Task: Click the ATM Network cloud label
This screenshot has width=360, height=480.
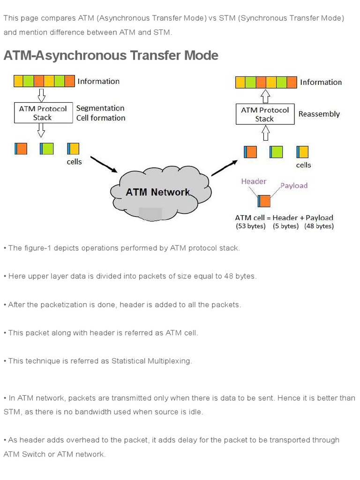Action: pyautogui.click(x=158, y=192)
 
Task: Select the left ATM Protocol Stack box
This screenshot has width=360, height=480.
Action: pyautogui.click(x=43, y=113)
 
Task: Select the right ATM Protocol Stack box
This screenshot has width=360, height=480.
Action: pyautogui.click(x=265, y=114)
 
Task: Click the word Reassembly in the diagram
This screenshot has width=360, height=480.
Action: pyautogui.click(x=319, y=114)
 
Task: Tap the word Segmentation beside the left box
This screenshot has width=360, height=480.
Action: pyautogui.click(x=100, y=108)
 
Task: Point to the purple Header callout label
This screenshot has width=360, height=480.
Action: pyautogui.click(x=254, y=181)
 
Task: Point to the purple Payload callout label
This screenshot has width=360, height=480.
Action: pyautogui.click(x=294, y=186)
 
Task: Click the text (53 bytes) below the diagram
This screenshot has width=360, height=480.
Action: pyautogui.click(x=250, y=226)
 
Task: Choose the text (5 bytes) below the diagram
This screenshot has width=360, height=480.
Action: pyautogui.click(x=285, y=226)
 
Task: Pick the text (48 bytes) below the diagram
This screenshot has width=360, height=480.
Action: pyautogui.click(x=319, y=226)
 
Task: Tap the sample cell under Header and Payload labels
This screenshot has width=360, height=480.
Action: pyautogui.click(x=264, y=201)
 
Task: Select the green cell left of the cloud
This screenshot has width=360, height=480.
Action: pyautogui.click(x=46, y=149)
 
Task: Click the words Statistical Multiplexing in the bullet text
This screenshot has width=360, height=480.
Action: pyautogui.click(x=151, y=361)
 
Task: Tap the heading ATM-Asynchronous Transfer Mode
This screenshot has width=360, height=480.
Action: pyautogui.click(x=111, y=55)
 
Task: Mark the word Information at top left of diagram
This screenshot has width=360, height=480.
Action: pyautogui.click(x=98, y=81)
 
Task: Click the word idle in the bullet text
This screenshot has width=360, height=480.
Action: pyautogui.click(x=195, y=412)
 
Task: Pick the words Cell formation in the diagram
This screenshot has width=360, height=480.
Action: pyautogui.click(x=101, y=118)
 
